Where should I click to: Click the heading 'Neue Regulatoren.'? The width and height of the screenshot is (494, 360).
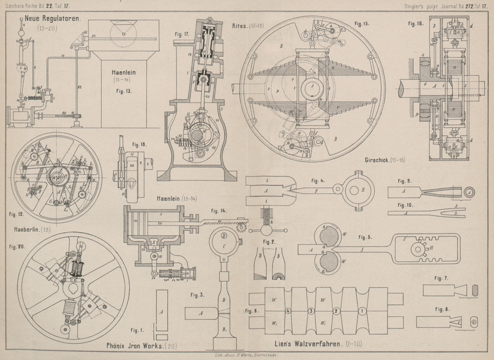[54, 20]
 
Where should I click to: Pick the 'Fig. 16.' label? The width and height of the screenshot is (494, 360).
[416, 24]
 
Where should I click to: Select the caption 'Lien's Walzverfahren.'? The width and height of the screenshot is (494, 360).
[308, 342]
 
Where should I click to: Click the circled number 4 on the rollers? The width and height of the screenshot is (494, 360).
[288, 310]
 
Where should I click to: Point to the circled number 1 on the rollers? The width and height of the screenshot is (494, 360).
[362, 310]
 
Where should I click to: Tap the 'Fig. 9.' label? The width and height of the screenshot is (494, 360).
[404, 181]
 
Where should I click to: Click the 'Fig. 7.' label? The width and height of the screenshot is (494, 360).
[440, 278]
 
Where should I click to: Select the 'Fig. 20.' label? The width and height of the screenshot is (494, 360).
[17, 246]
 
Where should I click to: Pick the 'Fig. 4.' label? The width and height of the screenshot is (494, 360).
[318, 181]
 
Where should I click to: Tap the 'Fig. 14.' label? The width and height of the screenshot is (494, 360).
[218, 211]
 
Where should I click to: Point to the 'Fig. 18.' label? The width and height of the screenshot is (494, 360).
[139, 144]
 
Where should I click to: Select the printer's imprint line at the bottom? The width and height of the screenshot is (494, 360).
[246, 356]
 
